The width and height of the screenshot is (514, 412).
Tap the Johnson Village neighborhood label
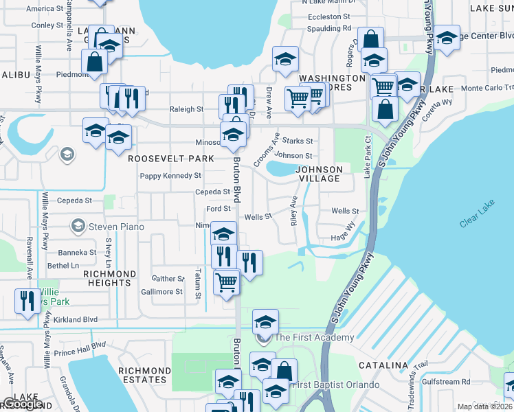tap(319, 174)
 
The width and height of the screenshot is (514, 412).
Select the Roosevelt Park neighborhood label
tap(171, 159)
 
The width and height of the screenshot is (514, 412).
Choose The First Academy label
tap(314, 337)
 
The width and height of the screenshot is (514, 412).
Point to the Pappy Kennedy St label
tap(170, 176)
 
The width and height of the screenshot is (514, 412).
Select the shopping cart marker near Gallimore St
tap(226, 281)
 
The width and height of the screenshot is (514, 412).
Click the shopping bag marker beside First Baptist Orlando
tap(283, 371)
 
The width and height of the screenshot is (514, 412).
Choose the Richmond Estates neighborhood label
tap(144, 375)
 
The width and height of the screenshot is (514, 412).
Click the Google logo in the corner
tap(22, 404)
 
